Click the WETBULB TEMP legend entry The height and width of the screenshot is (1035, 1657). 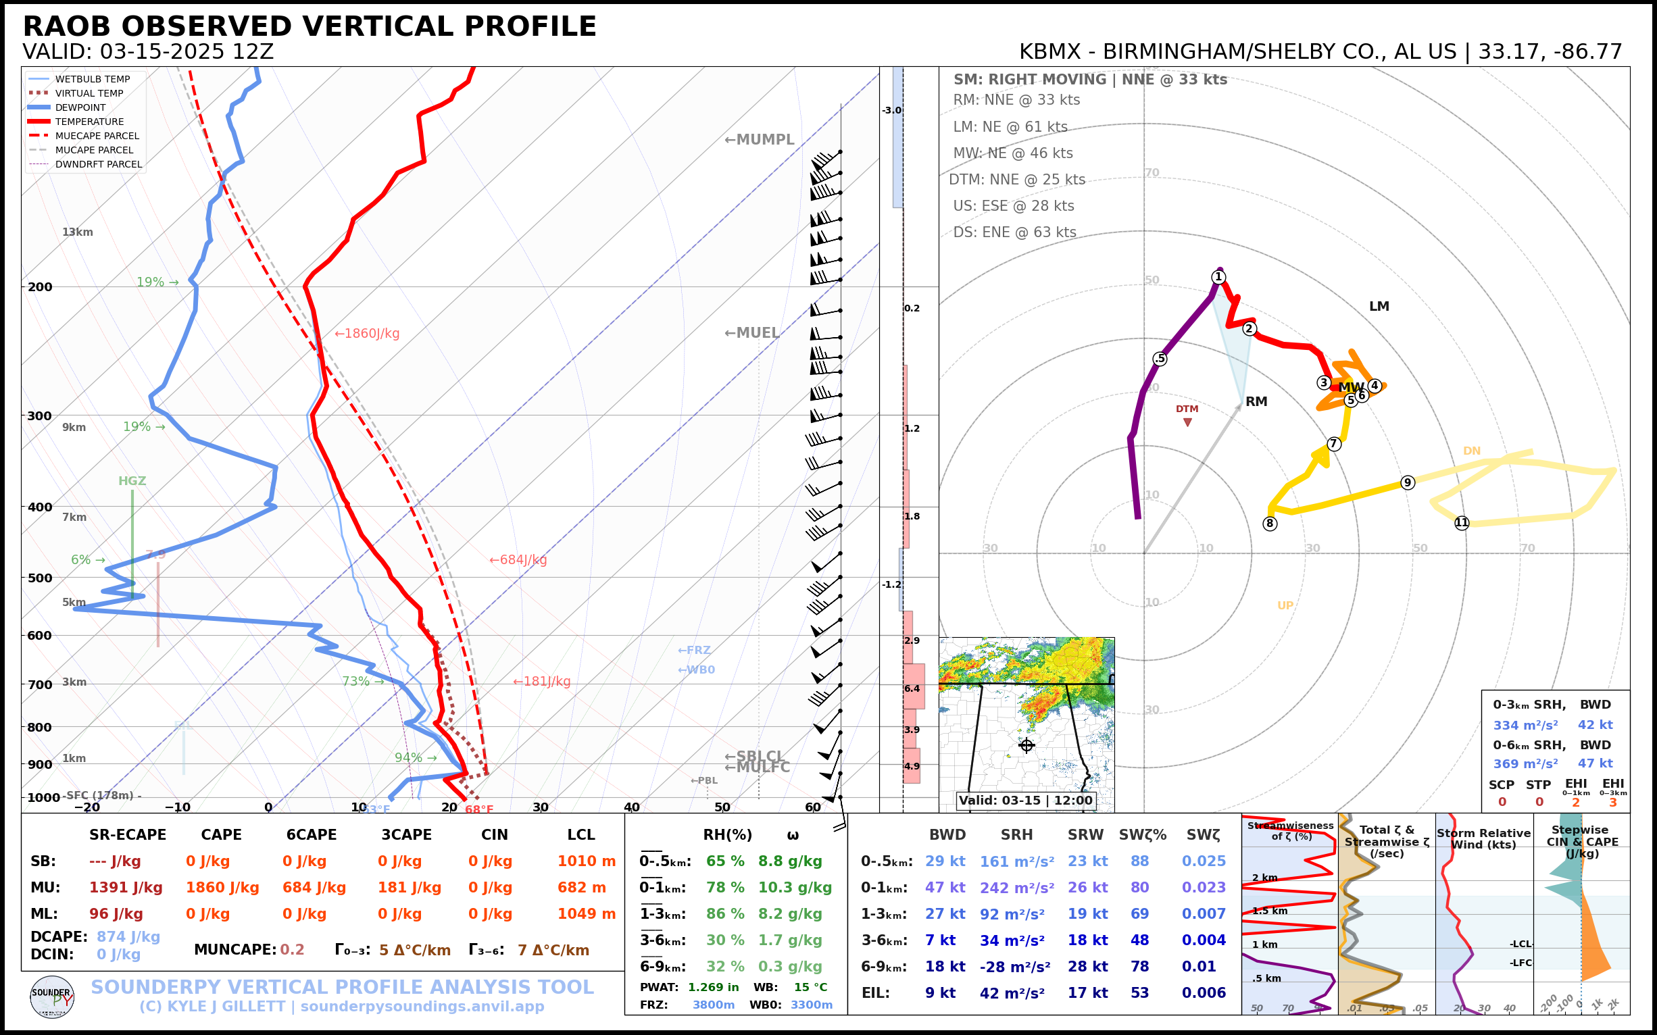(x=92, y=80)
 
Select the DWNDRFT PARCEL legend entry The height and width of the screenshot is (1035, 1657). (x=99, y=164)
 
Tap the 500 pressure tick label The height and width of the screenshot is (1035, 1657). (x=40, y=578)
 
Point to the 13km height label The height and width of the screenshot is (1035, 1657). (x=77, y=232)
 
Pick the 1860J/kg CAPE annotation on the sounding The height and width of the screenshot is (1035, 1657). (x=367, y=333)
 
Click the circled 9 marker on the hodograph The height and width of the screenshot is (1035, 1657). (x=1407, y=482)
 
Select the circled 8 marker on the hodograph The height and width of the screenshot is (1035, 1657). (x=1270, y=524)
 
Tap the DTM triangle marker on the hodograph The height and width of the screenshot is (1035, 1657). (x=1187, y=422)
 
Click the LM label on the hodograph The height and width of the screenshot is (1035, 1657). (x=1379, y=306)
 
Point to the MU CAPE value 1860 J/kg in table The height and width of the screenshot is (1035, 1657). (x=222, y=888)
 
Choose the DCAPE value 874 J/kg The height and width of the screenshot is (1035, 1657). (x=128, y=936)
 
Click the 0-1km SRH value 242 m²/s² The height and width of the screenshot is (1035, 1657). (x=1016, y=888)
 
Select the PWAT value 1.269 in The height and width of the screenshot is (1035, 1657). (x=713, y=987)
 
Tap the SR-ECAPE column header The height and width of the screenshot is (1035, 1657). (x=127, y=834)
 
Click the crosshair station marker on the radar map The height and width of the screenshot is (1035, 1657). (x=1026, y=745)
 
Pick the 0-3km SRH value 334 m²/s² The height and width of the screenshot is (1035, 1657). (x=1525, y=725)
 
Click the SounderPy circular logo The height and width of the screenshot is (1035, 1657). (x=52, y=996)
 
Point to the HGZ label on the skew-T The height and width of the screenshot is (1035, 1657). (x=132, y=481)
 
